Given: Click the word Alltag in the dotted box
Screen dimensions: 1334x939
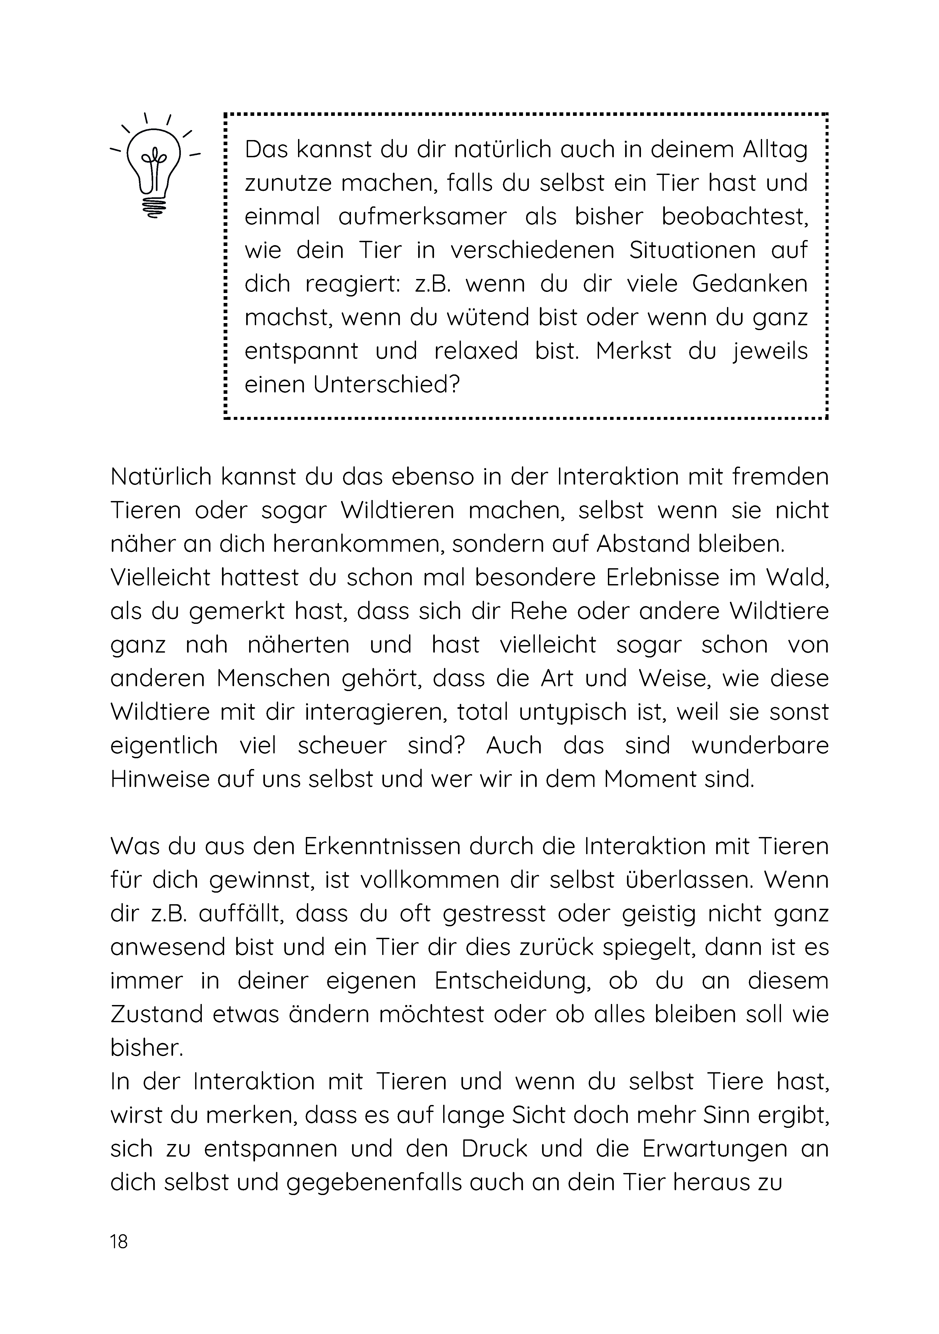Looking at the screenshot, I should (x=775, y=150).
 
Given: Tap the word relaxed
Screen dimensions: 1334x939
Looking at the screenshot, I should (x=475, y=352).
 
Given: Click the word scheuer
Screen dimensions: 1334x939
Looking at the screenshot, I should (x=342, y=746).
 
